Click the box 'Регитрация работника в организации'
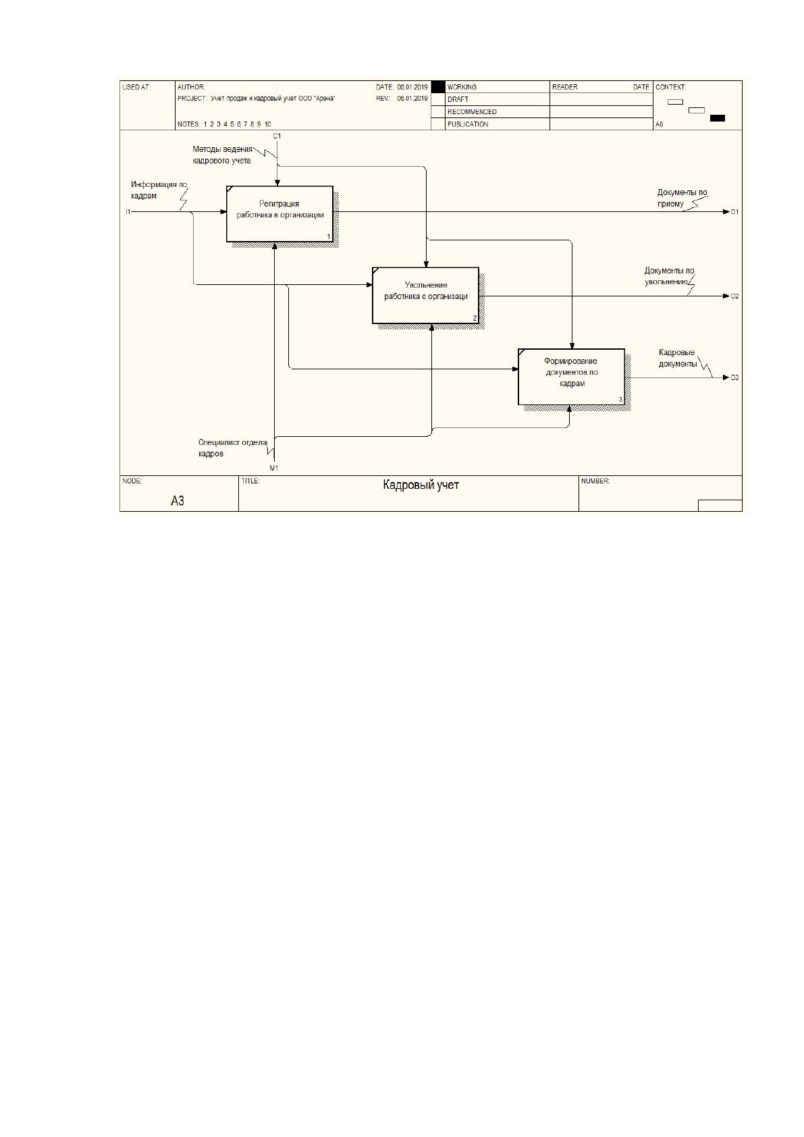(279, 214)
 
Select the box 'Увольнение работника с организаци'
(425, 296)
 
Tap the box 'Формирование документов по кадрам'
(572, 377)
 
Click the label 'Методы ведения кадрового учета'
(222, 155)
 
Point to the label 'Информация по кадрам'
(159, 190)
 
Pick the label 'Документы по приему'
(682, 198)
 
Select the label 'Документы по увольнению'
(669, 276)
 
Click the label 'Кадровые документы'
(677, 358)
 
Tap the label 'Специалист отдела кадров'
(232, 448)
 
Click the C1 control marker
(277, 136)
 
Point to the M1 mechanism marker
(273, 468)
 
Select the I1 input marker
(128, 211)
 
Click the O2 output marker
(734, 296)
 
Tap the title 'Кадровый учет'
(421, 485)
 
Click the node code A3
(177, 501)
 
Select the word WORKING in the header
(461, 87)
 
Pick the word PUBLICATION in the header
(467, 124)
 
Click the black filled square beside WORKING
(437, 87)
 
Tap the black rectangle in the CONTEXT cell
(717, 118)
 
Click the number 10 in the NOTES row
(267, 124)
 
